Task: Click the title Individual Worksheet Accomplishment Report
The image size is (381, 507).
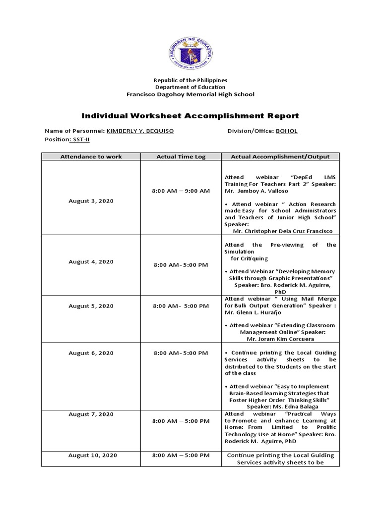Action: (190, 116)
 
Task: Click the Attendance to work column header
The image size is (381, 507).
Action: (91, 156)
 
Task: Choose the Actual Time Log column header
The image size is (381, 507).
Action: (181, 156)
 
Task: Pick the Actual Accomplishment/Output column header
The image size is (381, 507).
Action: (280, 156)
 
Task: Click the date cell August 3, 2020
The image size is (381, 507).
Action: (91, 201)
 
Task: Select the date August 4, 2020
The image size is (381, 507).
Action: (91, 261)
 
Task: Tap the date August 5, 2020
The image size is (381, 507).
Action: (91, 306)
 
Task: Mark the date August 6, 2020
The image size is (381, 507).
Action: (91, 353)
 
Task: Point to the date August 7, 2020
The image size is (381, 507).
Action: (91, 414)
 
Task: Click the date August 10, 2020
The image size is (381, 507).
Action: (93, 455)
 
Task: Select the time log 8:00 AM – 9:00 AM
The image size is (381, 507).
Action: (181, 191)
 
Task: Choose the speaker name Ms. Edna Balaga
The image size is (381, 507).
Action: (280, 406)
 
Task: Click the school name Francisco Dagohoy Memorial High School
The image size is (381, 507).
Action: (190, 94)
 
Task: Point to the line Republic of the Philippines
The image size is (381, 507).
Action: (190, 80)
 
